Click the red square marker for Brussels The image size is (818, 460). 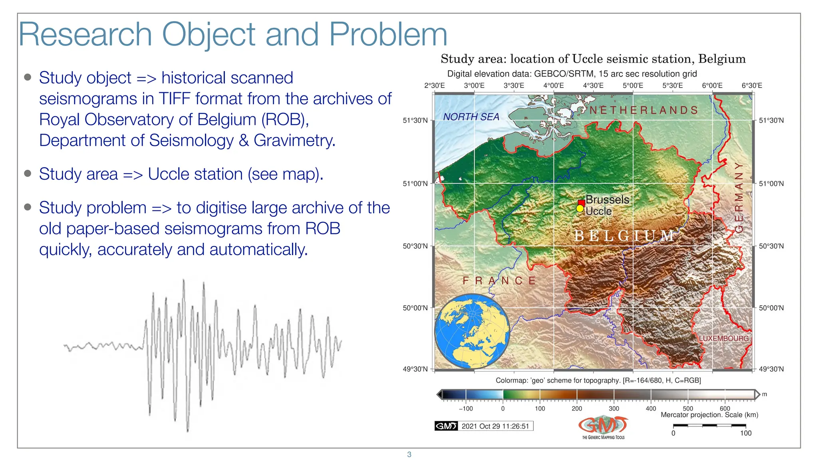point(582,203)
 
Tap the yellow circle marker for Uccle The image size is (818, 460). point(580,208)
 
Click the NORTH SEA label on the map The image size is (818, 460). point(471,117)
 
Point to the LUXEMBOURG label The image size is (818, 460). point(723,338)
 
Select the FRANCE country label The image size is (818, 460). point(499,281)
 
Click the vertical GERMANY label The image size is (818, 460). point(739,197)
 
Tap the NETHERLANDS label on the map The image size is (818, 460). point(643,110)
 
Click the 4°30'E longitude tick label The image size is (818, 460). point(593,85)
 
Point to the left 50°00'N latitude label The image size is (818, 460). point(415,308)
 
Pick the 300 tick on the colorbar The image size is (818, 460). point(613,408)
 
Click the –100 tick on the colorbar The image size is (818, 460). point(466,408)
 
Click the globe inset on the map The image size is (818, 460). point(472,331)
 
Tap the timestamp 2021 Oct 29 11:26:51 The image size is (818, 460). point(495,426)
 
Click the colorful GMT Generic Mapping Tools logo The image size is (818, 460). point(603,427)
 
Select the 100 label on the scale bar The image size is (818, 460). point(745,433)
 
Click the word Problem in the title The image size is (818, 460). point(387,35)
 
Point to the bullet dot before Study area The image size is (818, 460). point(28,173)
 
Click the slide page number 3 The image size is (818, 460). point(409,454)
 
